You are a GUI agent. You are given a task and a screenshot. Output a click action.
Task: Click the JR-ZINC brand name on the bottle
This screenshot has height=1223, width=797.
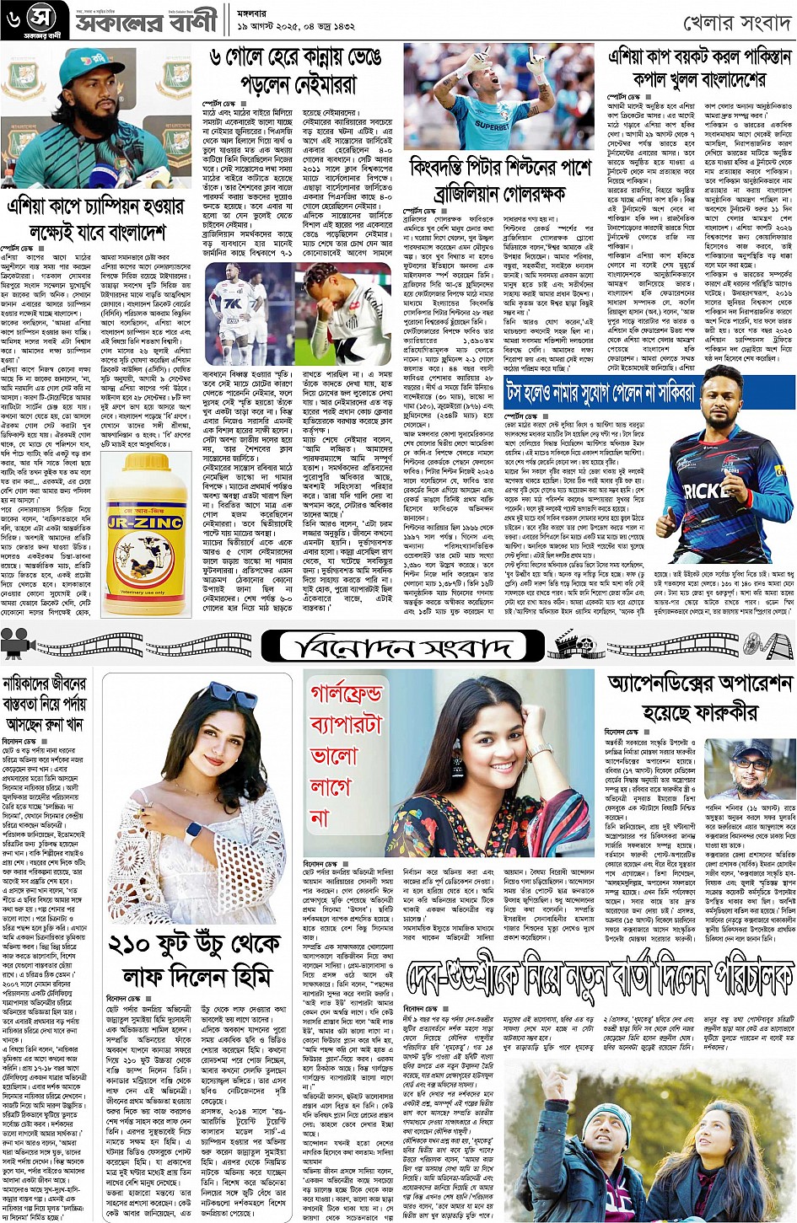coord(146,523)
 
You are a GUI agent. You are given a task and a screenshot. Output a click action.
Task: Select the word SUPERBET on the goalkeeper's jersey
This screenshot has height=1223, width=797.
coord(491,124)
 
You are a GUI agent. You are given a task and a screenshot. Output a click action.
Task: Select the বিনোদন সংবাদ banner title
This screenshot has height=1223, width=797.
coord(396,647)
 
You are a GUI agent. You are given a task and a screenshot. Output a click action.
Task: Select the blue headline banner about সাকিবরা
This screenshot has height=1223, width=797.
coord(600,393)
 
